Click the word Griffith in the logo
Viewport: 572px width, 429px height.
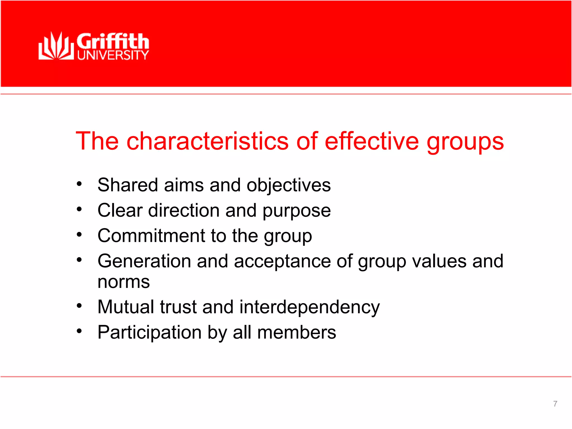pos(113,41)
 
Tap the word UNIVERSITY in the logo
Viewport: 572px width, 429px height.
pos(113,55)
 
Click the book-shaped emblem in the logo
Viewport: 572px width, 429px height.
pos(56,46)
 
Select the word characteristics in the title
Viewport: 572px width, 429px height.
pos(208,141)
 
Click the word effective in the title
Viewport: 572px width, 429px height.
pos(372,141)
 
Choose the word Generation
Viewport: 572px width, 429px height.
pos(144,261)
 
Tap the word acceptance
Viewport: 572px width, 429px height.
pos(282,262)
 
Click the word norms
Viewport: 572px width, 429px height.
pos(124,282)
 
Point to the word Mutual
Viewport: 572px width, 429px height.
pos(126,307)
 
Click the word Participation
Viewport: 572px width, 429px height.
pos(150,333)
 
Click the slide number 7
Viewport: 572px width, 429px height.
pos(555,404)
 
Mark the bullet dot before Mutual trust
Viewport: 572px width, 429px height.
pos(79,306)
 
